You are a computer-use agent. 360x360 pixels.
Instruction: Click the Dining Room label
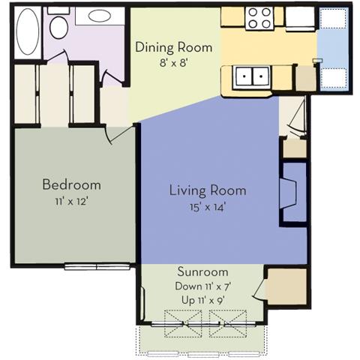pyautogui.click(x=174, y=47)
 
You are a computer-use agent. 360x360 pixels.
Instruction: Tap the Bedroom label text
pyautogui.click(x=72, y=184)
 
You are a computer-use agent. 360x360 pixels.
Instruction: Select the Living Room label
pyautogui.click(x=208, y=190)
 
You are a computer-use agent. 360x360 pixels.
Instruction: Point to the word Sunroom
pyautogui.click(x=202, y=271)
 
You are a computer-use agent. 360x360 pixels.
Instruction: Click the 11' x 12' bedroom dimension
pyautogui.click(x=72, y=201)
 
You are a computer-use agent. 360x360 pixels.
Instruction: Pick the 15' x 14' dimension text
pyautogui.click(x=208, y=207)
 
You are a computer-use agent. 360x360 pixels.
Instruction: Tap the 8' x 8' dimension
pyautogui.click(x=174, y=63)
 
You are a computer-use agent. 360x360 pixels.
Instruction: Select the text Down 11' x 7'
pyautogui.click(x=202, y=286)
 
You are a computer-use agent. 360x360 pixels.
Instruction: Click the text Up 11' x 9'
pyautogui.click(x=202, y=300)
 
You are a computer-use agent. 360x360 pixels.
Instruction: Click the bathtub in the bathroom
pyautogui.click(x=28, y=31)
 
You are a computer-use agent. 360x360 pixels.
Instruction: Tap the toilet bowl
pyautogui.click(x=59, y=28)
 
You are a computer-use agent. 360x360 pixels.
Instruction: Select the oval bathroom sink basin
pyautogui.click(x=100, y=16)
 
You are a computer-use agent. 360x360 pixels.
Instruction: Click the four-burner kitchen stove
pyautogui.click(x=260, y=18)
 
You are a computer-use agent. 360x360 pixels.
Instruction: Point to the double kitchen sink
pyautogui.click(x=251, y=76)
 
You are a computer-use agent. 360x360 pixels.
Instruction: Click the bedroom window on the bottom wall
pyautogui.click(x=97, y=267)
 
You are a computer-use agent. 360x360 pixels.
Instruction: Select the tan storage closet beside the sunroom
pyautogui.click(x=287, y=286)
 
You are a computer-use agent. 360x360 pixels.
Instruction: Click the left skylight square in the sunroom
pyautogui.click(x=183, y=324)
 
